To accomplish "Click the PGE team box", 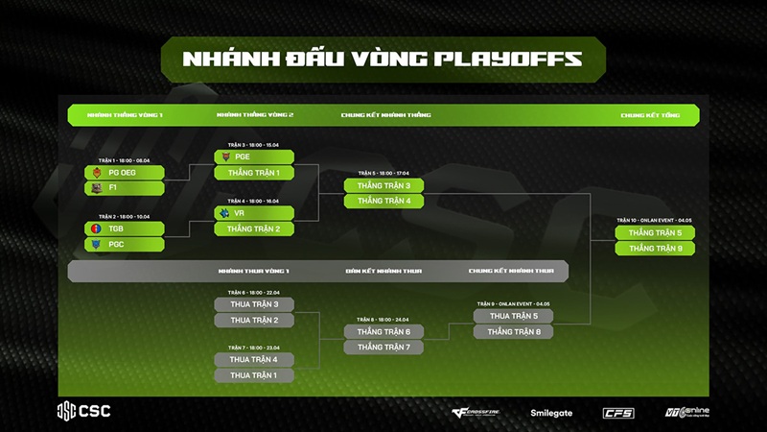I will [253, 156].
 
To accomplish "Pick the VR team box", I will [253, 213].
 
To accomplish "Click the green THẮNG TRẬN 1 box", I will [253, 173].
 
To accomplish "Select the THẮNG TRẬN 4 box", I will [383, 201].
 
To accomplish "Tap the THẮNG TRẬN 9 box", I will [655, 249].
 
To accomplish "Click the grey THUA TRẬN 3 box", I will [253, 304].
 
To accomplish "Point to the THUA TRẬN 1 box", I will [253, 375].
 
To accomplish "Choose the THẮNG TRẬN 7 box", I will [383, 348].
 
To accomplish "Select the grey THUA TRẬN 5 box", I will [513, 316].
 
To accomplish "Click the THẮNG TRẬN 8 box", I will [513, 332].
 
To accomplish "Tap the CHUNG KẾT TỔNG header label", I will [650, 115].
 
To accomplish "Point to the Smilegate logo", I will [551, 413].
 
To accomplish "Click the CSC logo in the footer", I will [83, 411].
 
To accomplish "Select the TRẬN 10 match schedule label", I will [655, 220].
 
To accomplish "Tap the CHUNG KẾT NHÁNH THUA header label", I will [511, 272].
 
